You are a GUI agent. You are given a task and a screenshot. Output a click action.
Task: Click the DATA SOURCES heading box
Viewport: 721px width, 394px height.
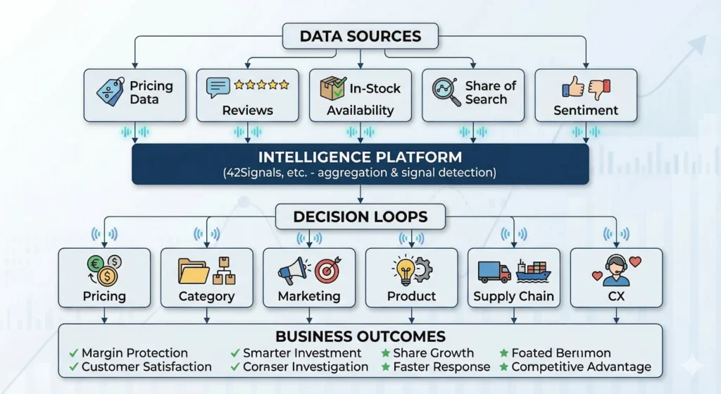[x=360, y=36]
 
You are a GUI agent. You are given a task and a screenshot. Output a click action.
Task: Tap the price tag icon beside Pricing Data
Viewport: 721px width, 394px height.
[x=111, y=91]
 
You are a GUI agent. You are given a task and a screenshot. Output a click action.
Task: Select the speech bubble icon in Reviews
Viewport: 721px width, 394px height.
[x=218, y=87]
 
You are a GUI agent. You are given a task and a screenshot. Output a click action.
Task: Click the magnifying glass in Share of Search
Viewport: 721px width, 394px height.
[x=446, y=91]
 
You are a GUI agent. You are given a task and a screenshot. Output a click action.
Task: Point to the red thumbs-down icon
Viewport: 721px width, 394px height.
[x=599, y=89]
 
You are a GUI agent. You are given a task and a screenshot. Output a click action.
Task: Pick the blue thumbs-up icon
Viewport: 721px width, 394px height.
[x=573, y=87]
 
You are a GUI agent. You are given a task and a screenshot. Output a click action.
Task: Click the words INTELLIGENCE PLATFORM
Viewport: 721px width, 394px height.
[x=360, y=157]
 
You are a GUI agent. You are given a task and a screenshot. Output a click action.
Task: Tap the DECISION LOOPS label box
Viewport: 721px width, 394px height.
[x=360, y=216]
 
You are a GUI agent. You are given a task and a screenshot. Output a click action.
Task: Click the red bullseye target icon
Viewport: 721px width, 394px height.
[x=328, y=270]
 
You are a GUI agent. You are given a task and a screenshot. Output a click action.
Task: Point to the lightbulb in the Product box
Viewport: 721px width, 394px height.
[x=405, y=271]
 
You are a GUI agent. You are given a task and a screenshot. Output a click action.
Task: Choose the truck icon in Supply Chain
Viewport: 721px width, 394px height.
[x=494, y=271]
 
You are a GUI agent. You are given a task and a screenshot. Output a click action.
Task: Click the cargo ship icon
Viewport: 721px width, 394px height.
[x=534, y=271]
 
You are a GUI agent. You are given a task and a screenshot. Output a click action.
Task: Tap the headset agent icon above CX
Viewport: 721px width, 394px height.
[x=615, y=270]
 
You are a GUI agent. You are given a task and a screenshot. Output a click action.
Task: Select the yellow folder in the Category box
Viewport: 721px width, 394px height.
[x=193, y=271]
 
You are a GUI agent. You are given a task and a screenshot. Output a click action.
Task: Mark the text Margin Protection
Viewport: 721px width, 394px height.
[x=134, y=353]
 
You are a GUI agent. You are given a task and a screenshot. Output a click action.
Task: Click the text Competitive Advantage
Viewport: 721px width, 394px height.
[x=581, y=367]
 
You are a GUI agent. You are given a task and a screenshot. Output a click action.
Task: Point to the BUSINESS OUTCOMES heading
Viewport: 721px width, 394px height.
[x=360, y=336]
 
